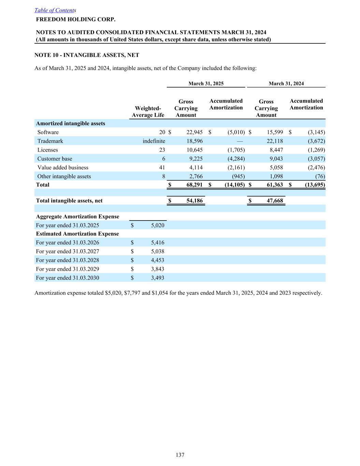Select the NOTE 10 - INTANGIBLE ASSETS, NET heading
point(87,55)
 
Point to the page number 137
point(180,455)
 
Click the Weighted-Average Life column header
point(148,112)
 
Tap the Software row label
point(48,132)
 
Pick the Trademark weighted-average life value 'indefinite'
point(154,141)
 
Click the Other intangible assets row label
point(64,176)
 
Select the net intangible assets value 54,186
point(195,201)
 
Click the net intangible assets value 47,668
point(275,201)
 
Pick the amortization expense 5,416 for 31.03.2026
point(158,243)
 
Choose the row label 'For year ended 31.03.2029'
point(68,269)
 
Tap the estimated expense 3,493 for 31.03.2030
point(158,278)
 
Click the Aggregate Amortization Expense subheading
point(77,216)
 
